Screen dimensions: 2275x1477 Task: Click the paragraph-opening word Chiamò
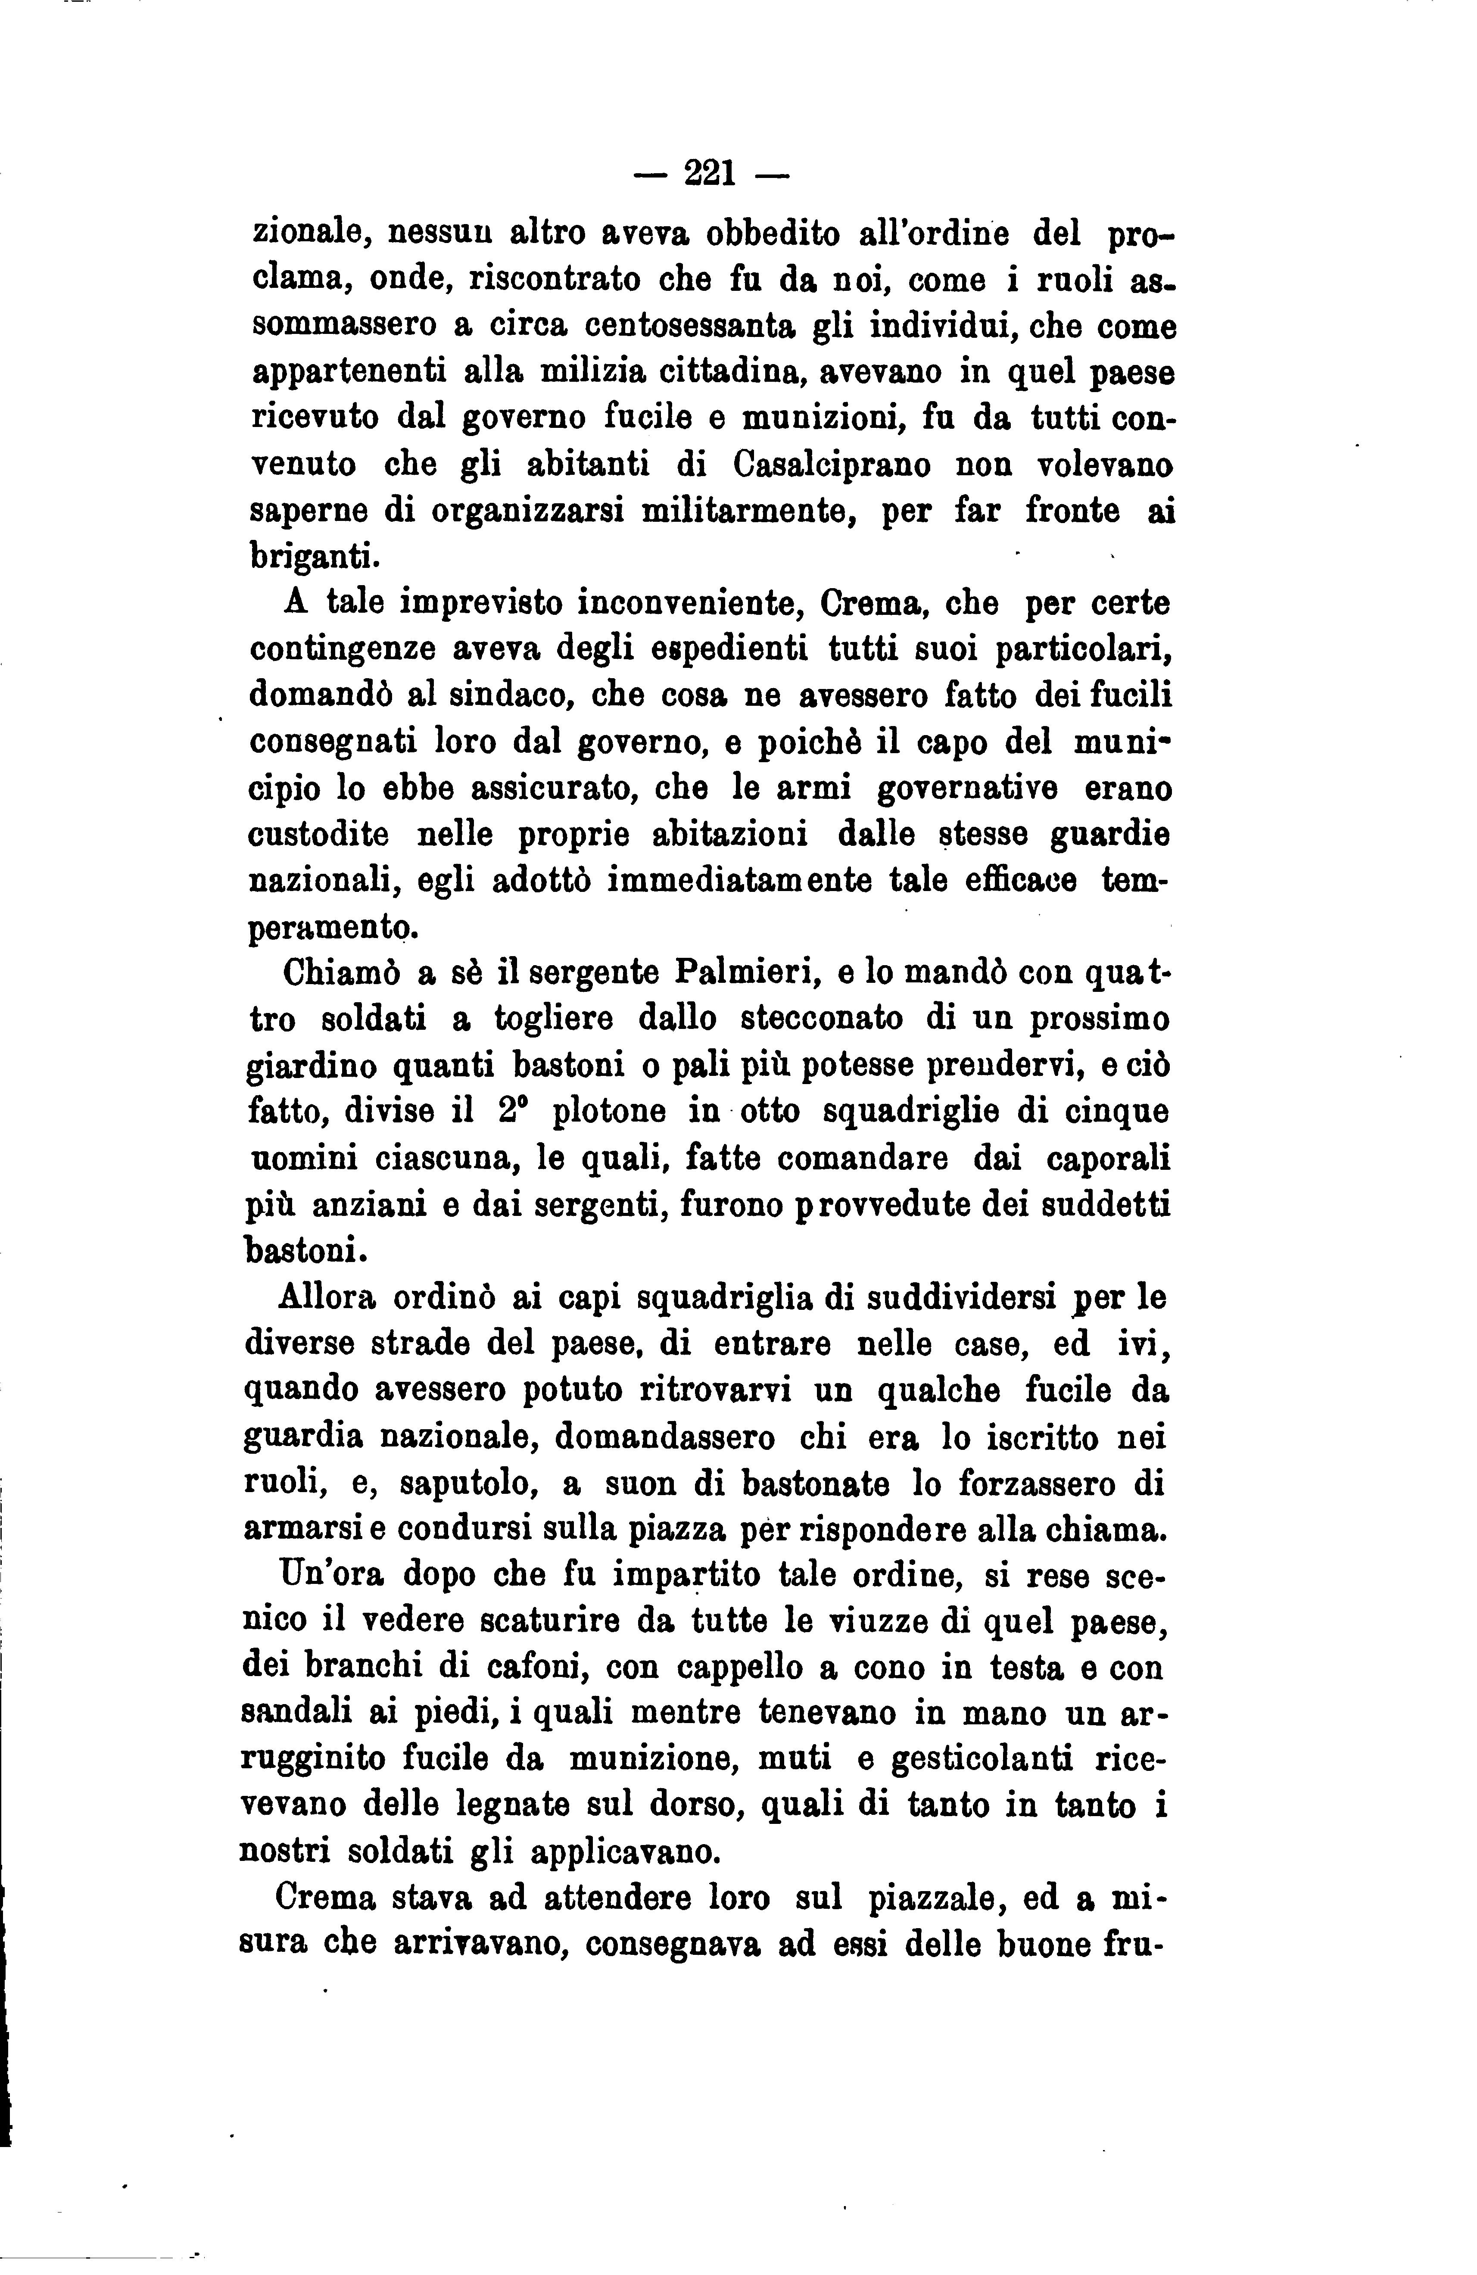pyautogui.click(x=340, y=972)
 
